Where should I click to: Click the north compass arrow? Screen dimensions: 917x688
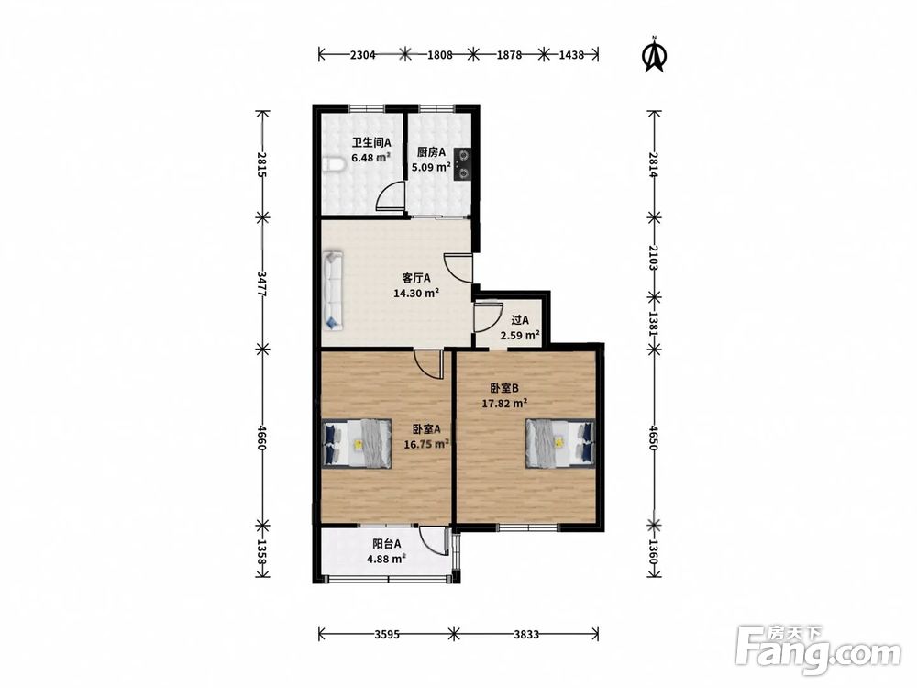(656, 54)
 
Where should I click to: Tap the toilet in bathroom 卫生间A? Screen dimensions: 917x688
(332, 165)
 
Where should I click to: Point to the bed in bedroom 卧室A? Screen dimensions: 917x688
(358, 443)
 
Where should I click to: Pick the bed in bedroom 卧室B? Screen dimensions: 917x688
(560, 443)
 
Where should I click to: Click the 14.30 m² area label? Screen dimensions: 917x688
(416, 293)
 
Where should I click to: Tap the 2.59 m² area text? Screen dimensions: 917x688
(519, 335)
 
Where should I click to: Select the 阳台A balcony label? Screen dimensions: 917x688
(387, 543)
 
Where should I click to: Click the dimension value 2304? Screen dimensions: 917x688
(362, 55)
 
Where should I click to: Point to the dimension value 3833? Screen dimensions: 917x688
(525, 634)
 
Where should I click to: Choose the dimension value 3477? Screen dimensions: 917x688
(262, 283)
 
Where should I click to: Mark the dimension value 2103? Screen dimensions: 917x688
(654, 258)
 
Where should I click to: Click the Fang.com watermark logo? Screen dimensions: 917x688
(818, 649)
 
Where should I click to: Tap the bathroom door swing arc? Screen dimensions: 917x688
(389, 195)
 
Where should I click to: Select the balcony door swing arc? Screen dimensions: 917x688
(433, 540)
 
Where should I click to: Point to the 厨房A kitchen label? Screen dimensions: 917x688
(432, 152)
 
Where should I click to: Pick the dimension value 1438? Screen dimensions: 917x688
(571, 55)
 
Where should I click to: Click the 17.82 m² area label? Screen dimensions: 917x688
(504, 403)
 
